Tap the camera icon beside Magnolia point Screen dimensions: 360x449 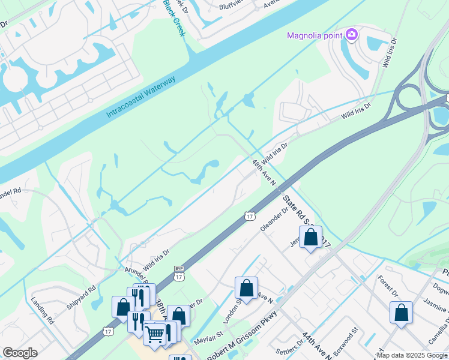point(352,35)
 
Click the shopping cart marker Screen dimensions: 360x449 point(155,334)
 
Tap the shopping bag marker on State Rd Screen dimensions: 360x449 point(310,237)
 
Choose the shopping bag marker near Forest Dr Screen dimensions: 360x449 point(401,313)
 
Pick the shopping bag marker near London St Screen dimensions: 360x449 point(246,288)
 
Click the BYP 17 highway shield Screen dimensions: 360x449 point(179,274)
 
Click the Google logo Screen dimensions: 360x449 point(20,353)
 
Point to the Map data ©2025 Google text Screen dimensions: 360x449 point(412,355)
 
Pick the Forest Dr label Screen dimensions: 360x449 point(388,286)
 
